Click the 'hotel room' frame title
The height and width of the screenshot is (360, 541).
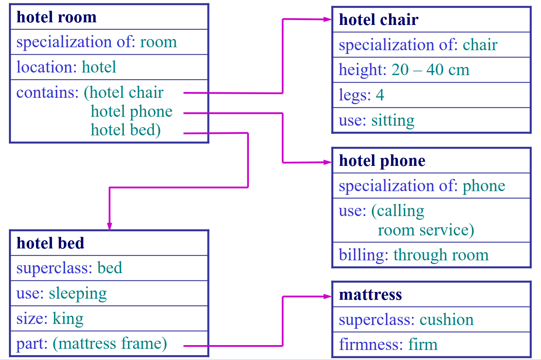pyautogui.click(x=57, y=17)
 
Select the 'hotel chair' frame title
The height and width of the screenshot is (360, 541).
pyautogui.click(x=378, y=20)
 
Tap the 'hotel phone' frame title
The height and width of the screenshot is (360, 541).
pyautogui.click(x=382, y=161)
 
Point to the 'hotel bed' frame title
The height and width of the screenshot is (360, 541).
pyautogui.click(x=50, y=243)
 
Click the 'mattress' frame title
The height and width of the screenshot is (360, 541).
pyautogui.click(x=370, y=295)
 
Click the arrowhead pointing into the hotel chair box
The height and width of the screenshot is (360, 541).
pyautogui.click(x=328, y=19)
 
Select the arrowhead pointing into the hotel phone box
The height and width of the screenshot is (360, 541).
pyautogui.click(x=328, y=162)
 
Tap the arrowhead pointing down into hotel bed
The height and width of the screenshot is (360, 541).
pyautogui.click(x=109, y=226)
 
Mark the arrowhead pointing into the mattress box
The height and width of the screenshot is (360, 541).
pyautogui.click(x=328, y=296)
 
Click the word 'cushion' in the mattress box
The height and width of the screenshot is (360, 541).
pyautogui.click(x=446, y=319)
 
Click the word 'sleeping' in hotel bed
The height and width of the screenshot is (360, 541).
pyautogui.click(x=78, y=293)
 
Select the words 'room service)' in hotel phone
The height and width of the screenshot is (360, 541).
pyautogui.click(x=426, y=230)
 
